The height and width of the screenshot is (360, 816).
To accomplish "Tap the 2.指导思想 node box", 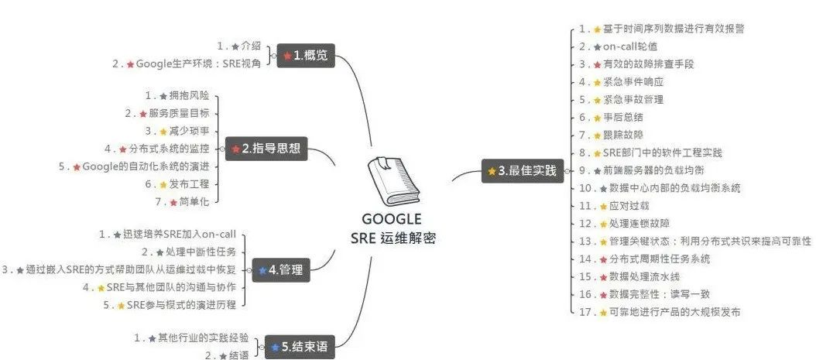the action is pos(267,149).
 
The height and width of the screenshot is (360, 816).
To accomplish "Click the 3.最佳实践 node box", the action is pos(523,171).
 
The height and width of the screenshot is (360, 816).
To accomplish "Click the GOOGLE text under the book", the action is pos(392,219).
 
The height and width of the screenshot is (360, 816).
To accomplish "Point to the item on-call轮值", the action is pos(630,46).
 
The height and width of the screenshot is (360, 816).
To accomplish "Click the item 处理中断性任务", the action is pos(201,252).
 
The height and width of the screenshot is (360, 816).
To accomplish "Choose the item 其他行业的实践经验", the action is pos(202,338).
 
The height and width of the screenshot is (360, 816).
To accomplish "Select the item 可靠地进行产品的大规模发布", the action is pos(674,312).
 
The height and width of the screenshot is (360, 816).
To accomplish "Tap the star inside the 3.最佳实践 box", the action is pos(492,171).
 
